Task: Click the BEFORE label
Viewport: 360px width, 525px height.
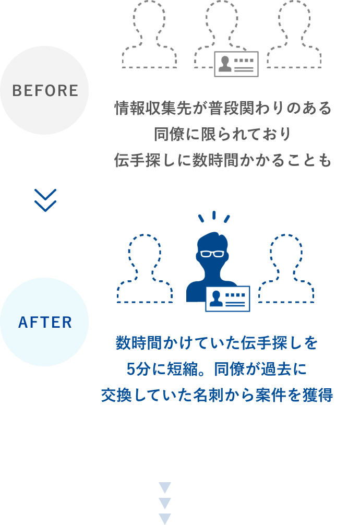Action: [x=45, y=90]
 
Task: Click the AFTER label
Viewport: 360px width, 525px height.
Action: [x=45, y=322]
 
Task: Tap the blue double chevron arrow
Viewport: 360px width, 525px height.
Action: [x=45, y=200]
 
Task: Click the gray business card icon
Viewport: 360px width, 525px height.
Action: [x=236, y=64]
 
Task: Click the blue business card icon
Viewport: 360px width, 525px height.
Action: [x=227, y=299]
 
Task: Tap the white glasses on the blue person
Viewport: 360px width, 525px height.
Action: [x=212, y=254]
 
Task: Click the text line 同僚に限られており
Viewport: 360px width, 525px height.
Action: [x=222, y=134]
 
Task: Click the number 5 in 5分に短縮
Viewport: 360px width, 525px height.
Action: [x=130, y=369]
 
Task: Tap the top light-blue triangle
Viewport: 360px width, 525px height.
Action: [x=165, y=487]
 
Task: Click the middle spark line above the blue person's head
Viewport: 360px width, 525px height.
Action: [x=214, y=215]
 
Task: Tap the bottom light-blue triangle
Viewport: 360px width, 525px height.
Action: [x=165, y=519]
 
